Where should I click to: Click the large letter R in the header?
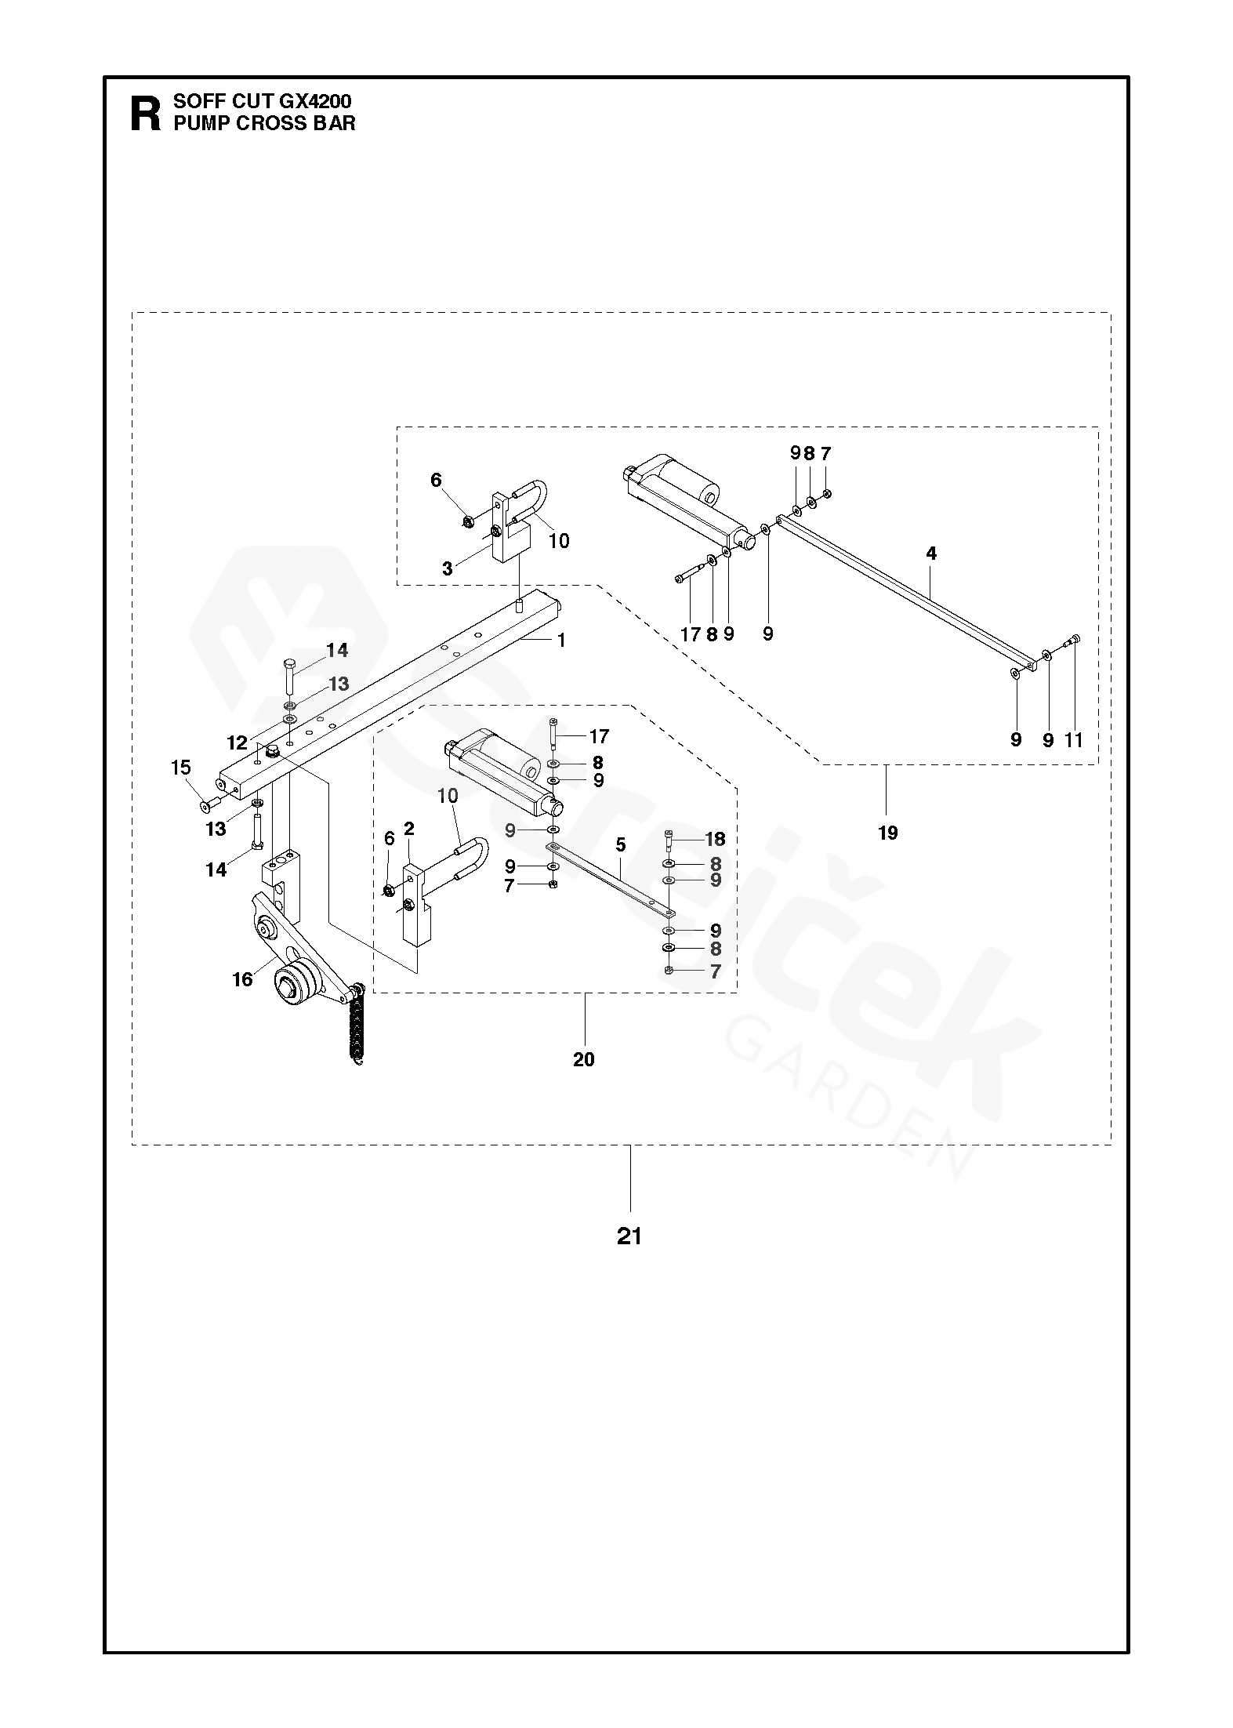point(145,114)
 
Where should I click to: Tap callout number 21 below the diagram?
point(629,1236)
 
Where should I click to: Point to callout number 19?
point(887,833)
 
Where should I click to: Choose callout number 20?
point(584,1059)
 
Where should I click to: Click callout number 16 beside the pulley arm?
point(243,979)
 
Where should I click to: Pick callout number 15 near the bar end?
point(181,767)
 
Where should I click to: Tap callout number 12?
point(237,742)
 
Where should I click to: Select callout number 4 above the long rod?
point(931,553)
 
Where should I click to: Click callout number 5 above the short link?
point(621,845)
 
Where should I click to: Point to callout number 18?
point(716,839)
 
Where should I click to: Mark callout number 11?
point(1074,739)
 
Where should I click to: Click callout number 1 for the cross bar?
point(561,640)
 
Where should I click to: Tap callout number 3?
point(448,568)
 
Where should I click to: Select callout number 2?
point(409,829)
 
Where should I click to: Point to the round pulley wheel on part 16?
point(294,981)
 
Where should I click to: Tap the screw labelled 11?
point(1072,663)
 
